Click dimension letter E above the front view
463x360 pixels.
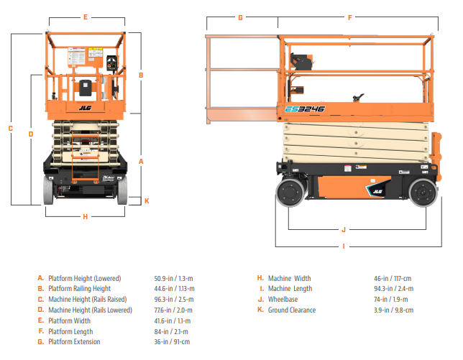(86, 17)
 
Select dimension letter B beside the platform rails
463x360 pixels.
(141, 75)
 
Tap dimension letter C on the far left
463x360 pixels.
(11, 129)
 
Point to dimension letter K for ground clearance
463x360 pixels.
(147, 200)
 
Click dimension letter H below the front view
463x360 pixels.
(86, 216)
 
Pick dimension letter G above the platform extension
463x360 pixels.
(240, 17)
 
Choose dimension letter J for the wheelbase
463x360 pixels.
(344, 230)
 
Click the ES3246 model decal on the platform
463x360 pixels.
(305, 110)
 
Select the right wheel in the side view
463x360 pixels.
(421, 194)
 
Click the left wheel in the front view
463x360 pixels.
(49, 190)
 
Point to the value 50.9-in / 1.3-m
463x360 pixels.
(173, 278)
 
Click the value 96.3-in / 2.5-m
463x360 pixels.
(173, 299)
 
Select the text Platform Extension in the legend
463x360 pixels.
(74, 341)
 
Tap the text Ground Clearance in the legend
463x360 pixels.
(291, 310)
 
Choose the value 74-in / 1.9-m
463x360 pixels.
(390, 299)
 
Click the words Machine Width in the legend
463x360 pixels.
(289, 278)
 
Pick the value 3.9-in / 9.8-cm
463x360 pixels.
(393, 310)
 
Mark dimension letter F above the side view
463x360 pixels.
(349, 17)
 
